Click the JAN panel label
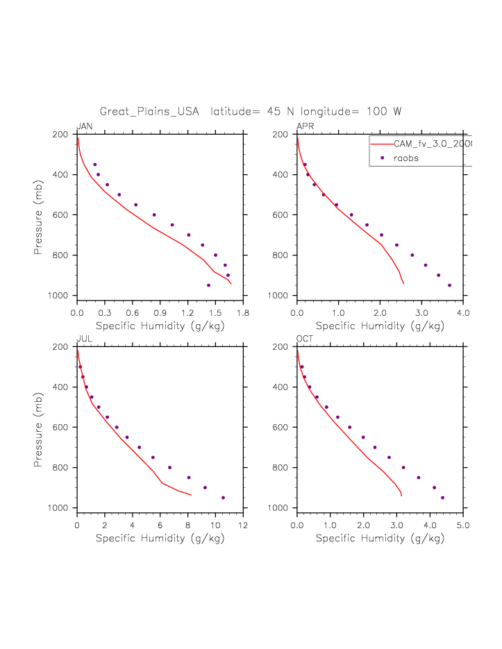(85, 126)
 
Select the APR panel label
(306, 126)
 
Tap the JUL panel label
(84, 338)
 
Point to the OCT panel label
(305, 338)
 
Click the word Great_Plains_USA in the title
(149, 111)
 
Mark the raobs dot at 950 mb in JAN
(208, 285)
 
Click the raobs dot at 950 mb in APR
(449, 285)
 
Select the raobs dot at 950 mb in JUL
(223, 498)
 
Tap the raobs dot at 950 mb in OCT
(442, 498)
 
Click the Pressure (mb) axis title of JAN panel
(40, 215)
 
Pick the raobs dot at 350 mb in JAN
(95, 165)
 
